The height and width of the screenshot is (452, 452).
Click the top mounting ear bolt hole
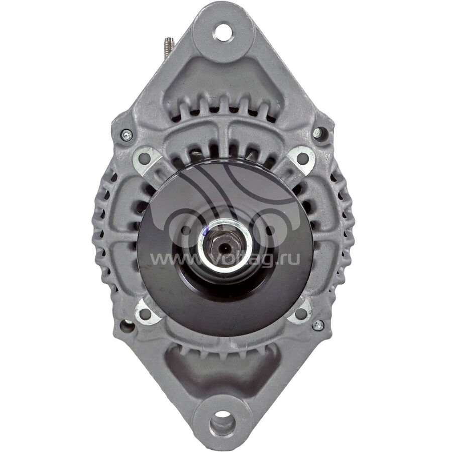click(223, 32)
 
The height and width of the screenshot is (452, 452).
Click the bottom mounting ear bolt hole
click(222, 422)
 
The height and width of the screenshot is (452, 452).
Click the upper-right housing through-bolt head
click(317, 132)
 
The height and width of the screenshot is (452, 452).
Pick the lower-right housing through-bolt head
click(318, 325)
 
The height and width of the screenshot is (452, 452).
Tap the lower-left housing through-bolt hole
click(127, 326)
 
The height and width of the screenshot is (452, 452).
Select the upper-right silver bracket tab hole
click(302, 158)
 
